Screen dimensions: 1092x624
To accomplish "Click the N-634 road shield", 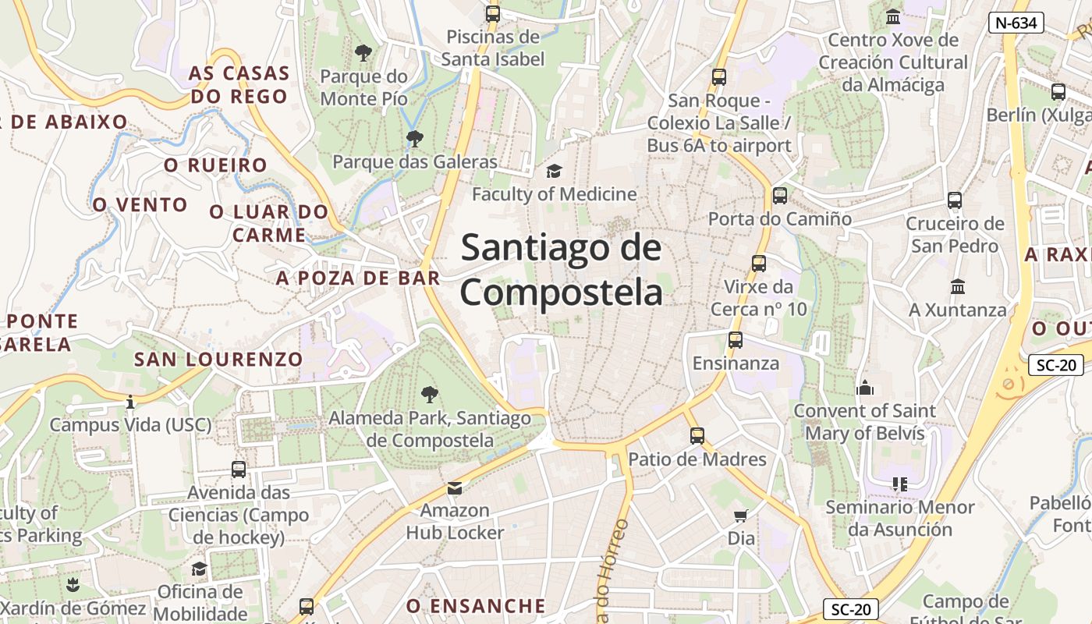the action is tap(1016, 23).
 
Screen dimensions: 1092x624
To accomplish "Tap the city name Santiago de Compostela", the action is tap(562, 270).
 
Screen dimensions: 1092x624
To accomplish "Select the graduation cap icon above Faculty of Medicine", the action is tap(554, 171).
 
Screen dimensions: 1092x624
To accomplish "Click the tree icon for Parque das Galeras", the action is tap(414, 139).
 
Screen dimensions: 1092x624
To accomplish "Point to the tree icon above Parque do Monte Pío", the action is tap(363, 53).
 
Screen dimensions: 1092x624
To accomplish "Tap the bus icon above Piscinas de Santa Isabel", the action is tap(492, 13).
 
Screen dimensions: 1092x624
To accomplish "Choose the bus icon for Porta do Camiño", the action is tap(779, 196).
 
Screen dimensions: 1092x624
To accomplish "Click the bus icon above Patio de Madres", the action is tap(697, 436).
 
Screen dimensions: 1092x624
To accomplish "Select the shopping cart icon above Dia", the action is tap(741, 515).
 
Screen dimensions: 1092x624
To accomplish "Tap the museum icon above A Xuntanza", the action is tap(958, 286).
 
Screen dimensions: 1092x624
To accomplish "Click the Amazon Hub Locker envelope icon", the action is tap(454, 488).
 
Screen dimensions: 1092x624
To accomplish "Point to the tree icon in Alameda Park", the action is tap(429, 394).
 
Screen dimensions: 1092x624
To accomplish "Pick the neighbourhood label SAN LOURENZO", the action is tap(218, 359).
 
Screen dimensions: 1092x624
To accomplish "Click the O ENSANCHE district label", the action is tap(476, 606).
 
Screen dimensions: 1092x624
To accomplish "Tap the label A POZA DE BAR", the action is tap(358, 278).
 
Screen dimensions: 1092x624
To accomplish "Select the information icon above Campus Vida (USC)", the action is tap(130, 402).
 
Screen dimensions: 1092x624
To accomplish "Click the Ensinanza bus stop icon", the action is tap(735, 340).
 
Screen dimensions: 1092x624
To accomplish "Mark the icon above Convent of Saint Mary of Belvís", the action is tap(864, 388).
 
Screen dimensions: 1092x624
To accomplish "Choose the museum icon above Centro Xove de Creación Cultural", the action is tap(893, 16).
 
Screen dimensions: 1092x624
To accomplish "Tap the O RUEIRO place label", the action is tap(215, 165).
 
